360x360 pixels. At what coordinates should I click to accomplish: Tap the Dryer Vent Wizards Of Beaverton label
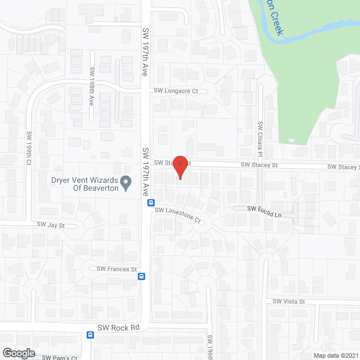coord(84,184)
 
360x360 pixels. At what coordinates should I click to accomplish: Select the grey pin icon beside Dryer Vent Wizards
coord(127,183)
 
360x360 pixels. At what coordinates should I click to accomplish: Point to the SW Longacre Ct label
coord(178,91)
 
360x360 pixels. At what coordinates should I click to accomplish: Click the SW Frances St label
coord(117,269)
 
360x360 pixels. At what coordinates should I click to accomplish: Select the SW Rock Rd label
coord(118,328)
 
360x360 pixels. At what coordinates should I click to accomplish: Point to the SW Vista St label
coord(289,301)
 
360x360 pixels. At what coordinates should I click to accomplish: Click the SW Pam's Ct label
coord(58,357)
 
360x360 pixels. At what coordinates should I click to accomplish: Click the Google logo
coord(19,353)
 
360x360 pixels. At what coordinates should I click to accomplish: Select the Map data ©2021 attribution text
coord(336,355)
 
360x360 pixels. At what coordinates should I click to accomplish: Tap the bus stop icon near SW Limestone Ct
coord(151,202)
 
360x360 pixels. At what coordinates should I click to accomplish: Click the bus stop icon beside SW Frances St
coord(142,276)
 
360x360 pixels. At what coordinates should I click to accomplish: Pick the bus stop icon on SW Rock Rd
coord(90,335)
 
